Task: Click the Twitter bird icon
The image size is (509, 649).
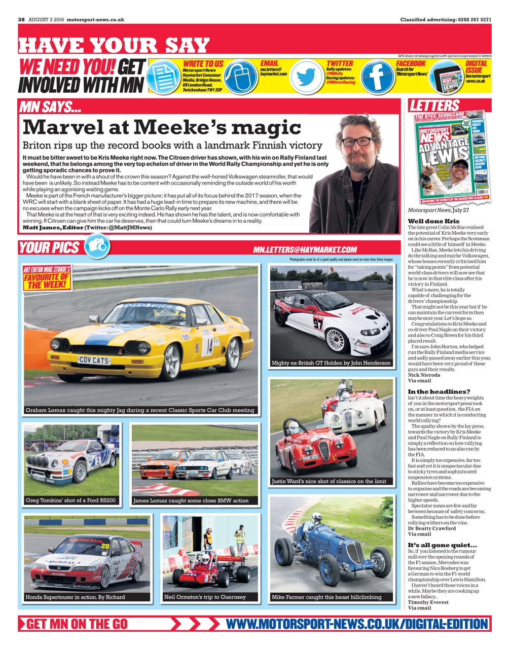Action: click(x=306, y=77)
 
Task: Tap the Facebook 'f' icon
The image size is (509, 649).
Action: click(x=377, y=77)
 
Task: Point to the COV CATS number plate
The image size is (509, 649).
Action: click(x=94, y=360)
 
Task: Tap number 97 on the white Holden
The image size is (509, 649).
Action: click(x=318, y=323)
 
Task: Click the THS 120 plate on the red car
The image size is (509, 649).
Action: click(x=310, y=458)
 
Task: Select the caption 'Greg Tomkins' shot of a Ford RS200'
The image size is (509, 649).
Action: click(x=70, y=500)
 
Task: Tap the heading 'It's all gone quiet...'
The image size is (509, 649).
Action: click(x=443, y=545)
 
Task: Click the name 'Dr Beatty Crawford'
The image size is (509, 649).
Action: click(x=432, y=528)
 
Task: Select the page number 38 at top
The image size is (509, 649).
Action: click(x=21, y=20)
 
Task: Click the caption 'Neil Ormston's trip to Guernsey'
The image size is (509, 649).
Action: click(x=205, y=597)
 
